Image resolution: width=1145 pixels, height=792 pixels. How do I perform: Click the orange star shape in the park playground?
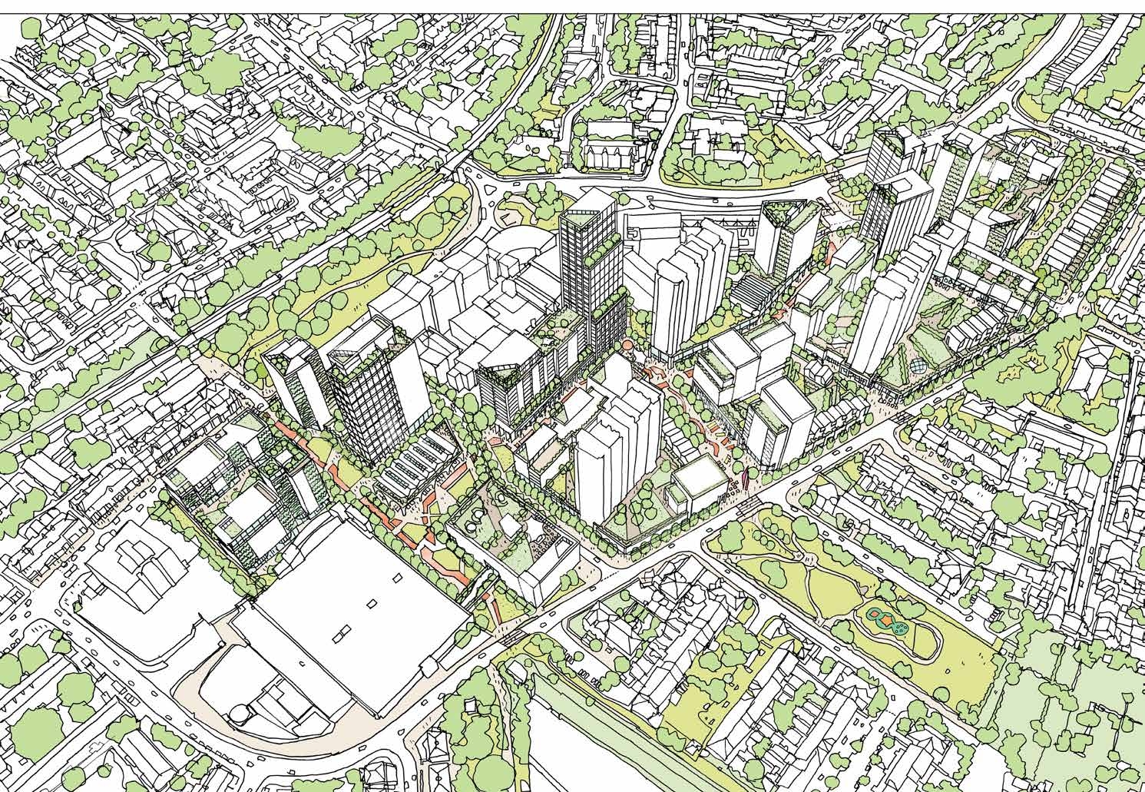pyautogui.click(x=888, y=619)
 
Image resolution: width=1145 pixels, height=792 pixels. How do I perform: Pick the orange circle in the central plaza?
pyautogui.click(x=628, y=347)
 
